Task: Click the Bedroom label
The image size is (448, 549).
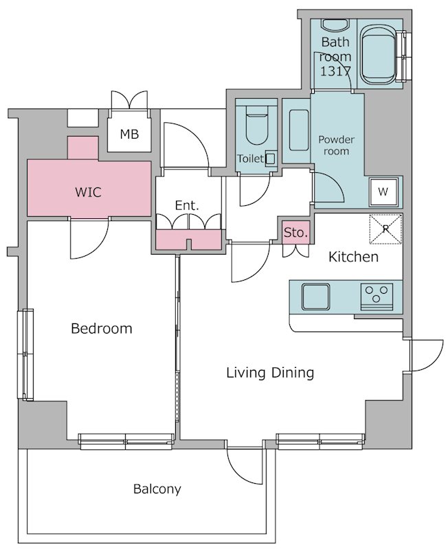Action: [102, 329]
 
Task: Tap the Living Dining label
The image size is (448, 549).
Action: [270, 373]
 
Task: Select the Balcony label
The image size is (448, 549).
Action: [157, 489]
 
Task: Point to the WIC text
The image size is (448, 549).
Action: [89, 192]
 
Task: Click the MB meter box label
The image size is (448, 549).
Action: [129, 134]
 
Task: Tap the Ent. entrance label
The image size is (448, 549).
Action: [187, 205]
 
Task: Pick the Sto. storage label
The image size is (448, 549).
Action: [296, 232]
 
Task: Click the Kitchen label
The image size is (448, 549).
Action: [353, 257]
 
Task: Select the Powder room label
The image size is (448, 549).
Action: [336, 145]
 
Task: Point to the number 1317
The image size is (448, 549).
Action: [335, 71]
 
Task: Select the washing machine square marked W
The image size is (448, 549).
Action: [383, 191]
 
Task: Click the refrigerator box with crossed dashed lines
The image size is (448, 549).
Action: [385, 229]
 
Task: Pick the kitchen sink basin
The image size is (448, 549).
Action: [316, 296]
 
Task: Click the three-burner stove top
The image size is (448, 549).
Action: [377, 297]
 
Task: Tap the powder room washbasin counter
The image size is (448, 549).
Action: [299, 130]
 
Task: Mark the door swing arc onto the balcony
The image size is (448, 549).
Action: [245, 467]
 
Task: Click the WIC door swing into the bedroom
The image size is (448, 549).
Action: [89, 239]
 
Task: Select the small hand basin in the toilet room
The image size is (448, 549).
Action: [270, 159]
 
